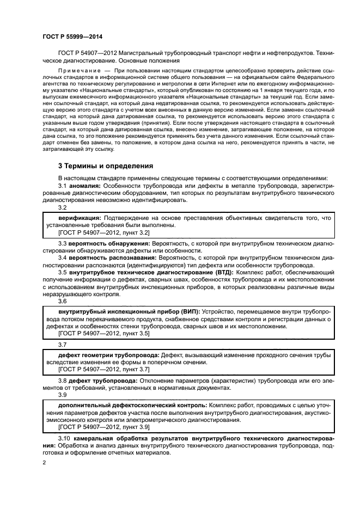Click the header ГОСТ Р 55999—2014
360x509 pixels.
(72, 37)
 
